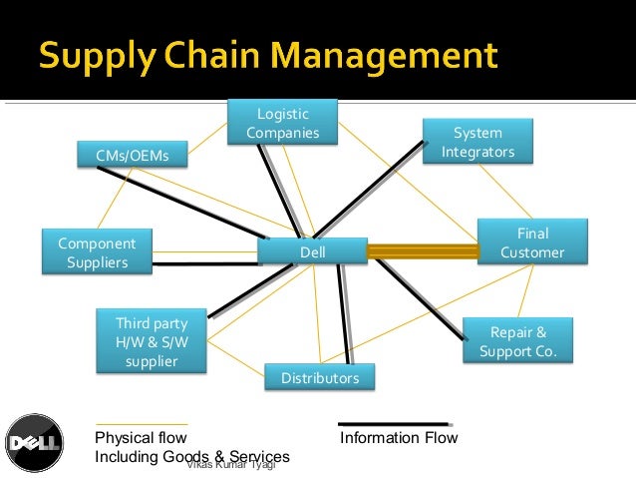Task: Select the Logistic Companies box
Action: pos(282,123)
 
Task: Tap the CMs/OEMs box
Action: pos(132,156)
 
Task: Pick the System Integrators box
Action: pos(477,142)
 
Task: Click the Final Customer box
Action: pos(532,242)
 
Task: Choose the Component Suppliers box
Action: pos(97,251)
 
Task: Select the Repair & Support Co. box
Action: pos(518,341)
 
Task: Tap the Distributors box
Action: pos(319,378)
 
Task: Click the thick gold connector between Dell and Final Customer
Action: pos(423,251)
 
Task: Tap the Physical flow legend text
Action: pos(140,437)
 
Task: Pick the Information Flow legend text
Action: pos(399,437)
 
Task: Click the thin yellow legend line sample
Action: pos(141,424)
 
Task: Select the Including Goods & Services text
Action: pos(191,456)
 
